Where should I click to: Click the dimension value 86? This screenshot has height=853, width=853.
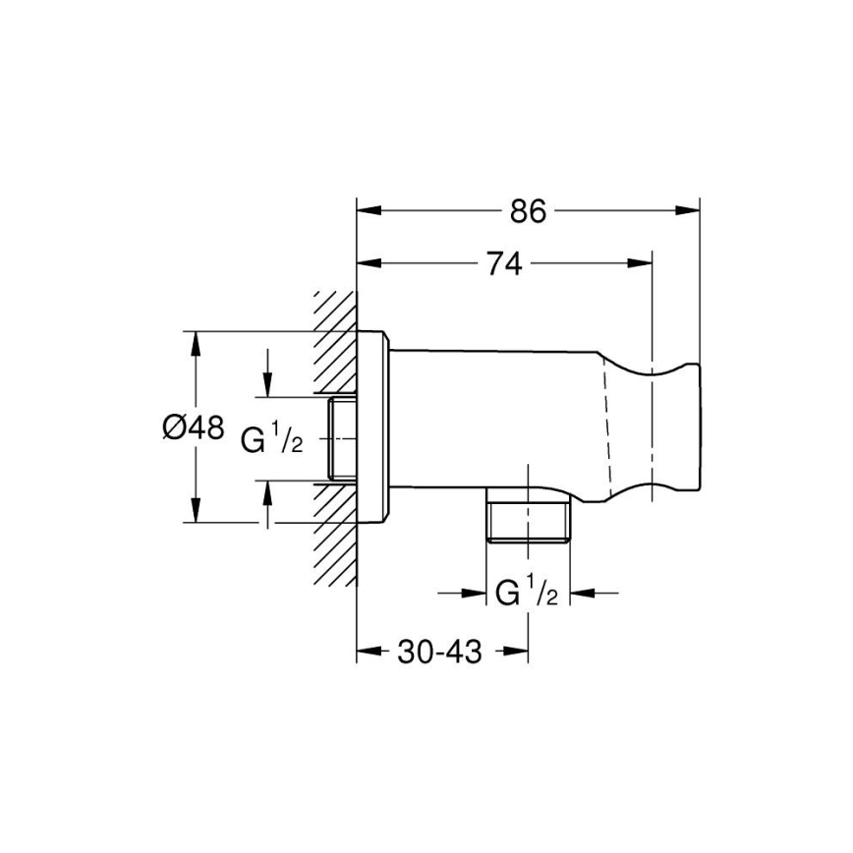point(528,210)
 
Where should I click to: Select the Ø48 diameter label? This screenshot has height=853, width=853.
point(194,427)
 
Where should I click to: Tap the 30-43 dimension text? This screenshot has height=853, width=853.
point(440,652)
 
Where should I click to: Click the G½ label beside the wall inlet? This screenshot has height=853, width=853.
point(272,440)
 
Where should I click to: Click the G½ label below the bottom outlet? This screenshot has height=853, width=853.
point(527,594)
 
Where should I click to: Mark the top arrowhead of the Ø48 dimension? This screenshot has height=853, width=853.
point(196,343)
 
